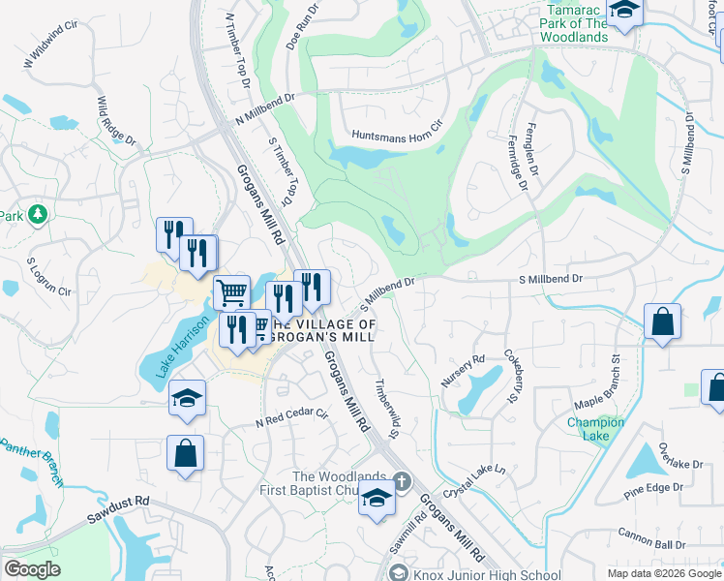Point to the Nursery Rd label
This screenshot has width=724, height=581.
click(x=463, y=372)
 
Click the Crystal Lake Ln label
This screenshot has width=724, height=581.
click(x=475, y=481)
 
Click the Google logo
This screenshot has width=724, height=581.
click(x=32, y=569)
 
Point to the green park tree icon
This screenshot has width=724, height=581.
click(x=38, y=214)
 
